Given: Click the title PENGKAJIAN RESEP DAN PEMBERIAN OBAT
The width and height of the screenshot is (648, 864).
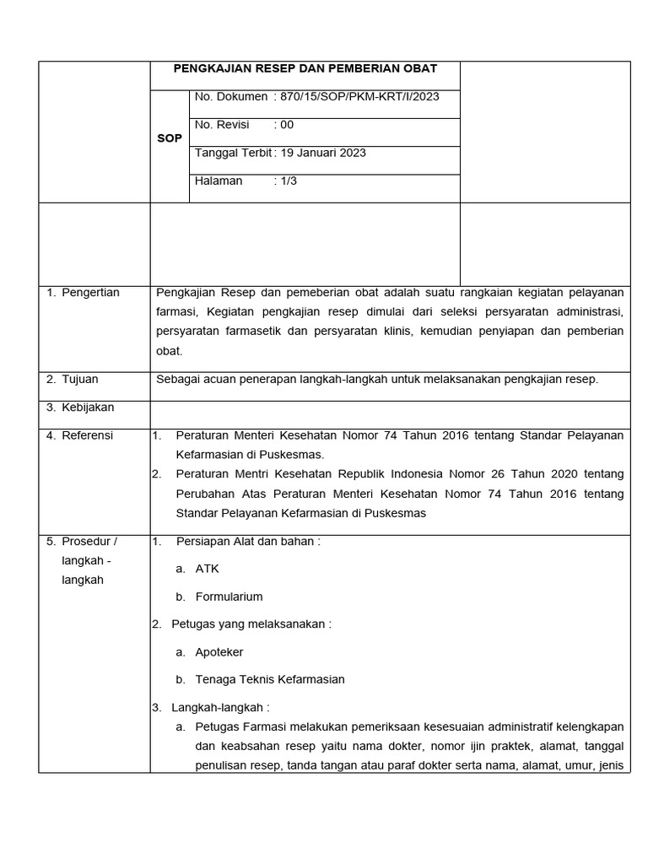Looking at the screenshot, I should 305,69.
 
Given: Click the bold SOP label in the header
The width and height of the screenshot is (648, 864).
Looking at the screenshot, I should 170,138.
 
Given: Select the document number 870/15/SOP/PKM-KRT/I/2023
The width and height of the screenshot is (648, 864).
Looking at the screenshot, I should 359,97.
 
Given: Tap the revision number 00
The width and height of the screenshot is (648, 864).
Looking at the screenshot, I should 287,125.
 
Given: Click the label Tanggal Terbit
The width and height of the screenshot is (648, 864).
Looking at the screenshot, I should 233,153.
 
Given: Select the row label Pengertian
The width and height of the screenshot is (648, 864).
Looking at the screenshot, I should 90,293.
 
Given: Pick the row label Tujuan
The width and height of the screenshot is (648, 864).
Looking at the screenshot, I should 81,380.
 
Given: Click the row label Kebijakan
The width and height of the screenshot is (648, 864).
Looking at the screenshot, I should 88,408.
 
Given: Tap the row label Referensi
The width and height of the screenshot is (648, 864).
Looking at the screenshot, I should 88,435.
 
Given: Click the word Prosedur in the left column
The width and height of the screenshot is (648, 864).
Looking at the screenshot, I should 87,542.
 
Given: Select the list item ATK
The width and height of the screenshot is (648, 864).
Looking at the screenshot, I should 207,569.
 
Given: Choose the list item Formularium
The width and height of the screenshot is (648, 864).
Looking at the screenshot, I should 229,597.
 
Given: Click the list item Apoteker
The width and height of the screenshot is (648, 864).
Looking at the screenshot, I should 219,652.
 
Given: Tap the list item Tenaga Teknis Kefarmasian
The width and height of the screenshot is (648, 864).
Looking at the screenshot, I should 269,679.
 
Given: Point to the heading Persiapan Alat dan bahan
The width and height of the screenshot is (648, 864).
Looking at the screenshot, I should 247,542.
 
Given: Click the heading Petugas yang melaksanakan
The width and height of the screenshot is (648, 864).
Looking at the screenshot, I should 251,624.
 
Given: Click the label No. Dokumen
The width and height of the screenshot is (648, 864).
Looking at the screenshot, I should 231,97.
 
